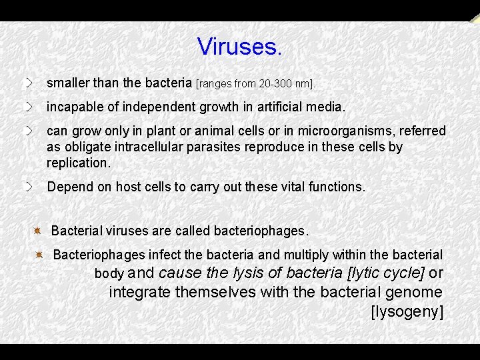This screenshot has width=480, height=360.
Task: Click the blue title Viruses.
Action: click(x=240, y=47)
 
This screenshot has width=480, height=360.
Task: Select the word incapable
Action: click(x=71, y=107)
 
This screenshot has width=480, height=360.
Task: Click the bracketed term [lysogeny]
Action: click(x=407, y=311)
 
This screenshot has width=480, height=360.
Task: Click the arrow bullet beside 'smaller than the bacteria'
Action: click(x=29, y=83)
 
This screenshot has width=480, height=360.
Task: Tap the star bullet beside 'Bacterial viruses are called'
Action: click(x=38, y=231)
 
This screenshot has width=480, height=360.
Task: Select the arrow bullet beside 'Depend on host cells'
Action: click(x=29, y=187)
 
